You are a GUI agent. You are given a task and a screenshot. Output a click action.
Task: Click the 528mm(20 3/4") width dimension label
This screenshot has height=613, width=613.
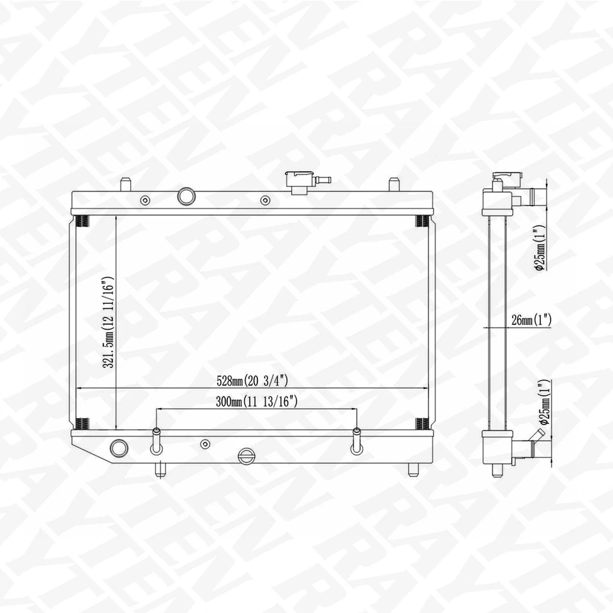[x=253, y=381]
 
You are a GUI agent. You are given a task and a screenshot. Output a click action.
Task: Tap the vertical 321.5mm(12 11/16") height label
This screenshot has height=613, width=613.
[x=109, y=322]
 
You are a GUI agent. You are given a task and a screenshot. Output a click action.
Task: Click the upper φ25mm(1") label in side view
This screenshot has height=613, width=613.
[x=540, y=247]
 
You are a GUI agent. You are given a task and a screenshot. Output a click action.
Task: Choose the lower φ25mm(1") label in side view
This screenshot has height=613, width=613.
[x=543, y=402]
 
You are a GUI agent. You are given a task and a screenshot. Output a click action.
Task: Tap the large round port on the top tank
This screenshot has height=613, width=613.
[x=186, y=196]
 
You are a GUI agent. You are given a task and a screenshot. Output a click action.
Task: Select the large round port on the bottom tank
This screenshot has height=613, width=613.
[x=118, y=448]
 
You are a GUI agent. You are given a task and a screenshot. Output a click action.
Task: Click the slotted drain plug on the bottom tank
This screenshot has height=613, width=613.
[x=246, y=456]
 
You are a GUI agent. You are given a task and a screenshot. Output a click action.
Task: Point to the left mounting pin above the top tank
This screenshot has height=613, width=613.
[x=125, y=185]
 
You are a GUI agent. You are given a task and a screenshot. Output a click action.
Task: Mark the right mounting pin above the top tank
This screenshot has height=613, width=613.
[x=394, y=185]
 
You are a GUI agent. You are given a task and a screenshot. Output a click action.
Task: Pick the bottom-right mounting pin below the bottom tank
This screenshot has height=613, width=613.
[x=412, y=469]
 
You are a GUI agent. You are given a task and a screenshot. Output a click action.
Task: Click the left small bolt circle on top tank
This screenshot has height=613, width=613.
[x=146, y=201]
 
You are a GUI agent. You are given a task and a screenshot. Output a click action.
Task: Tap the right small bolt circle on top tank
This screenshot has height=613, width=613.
[x=265, y=201]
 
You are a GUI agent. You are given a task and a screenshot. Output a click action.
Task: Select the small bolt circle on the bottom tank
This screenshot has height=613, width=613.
[x=205, y=444]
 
